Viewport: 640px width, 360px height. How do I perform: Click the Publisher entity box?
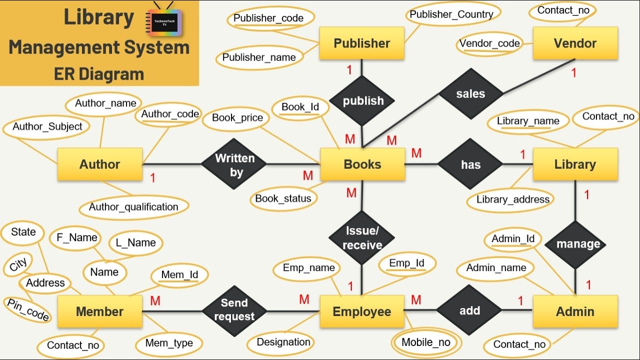click(x=361, y=43)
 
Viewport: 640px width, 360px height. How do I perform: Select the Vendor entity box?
click(x=575, y=43)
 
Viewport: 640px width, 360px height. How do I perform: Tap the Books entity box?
click(x=362, y=164)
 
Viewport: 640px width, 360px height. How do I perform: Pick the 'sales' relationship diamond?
click(x=470, y=94)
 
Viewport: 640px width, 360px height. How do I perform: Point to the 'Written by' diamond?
click(x=234, y=165)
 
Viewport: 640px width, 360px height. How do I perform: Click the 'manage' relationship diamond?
click(x=578, y=244)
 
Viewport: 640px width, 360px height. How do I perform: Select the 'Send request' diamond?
click(x=234, y=310)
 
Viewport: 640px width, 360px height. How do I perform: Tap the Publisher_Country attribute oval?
click(x=451, y=14)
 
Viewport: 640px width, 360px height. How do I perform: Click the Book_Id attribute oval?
click(x=300, y=107)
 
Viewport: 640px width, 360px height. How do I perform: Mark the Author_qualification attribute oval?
click(x=133, y=207)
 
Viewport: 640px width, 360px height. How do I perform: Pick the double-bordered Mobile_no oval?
click(x=426, y=342)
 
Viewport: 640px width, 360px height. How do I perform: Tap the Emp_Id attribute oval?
click(x=406, y=263)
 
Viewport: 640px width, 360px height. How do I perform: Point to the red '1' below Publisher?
click(x=349, y=69)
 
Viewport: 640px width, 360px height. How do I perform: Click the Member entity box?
click(x=100, y=311)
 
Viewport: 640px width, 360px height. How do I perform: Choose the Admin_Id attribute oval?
click(x=513, y=239)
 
